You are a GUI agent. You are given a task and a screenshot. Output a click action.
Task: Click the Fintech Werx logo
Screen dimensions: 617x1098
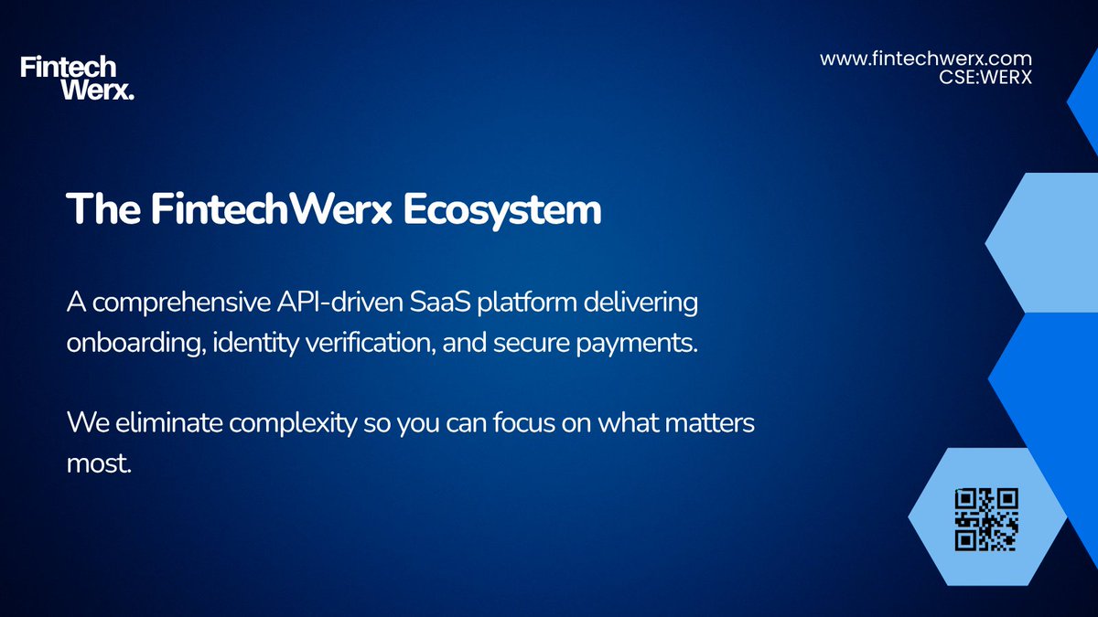(x=77, y=78)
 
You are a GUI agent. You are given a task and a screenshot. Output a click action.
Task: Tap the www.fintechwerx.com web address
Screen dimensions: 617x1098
(x=926, y=59)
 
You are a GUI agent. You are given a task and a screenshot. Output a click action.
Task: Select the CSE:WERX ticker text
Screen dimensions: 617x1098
(x=985, y=78)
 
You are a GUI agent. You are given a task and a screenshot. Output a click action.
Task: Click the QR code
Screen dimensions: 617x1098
(x=985, y=519)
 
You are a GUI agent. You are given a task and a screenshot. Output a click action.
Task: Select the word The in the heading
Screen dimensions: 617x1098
(x=101, y=209)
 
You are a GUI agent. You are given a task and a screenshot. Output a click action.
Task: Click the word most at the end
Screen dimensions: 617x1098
(x=98, y=464)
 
